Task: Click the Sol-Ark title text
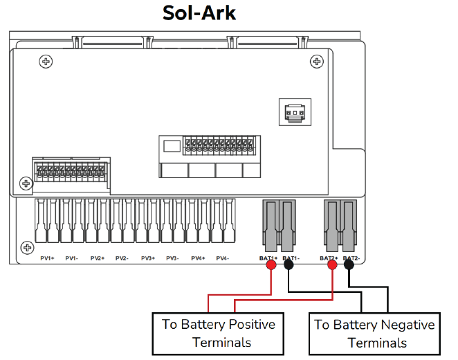[199, 13]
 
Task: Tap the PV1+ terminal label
[47, 258]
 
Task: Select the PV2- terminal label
[122, 258]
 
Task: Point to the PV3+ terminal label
[147, 258]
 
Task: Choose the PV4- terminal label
[222, 258]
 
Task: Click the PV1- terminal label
[72, 258]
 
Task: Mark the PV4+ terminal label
[197, 258]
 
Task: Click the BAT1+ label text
[268, 258]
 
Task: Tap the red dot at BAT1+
[271, 264]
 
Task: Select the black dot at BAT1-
[287, 264]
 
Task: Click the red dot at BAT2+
[333, 264]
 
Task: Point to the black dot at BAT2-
[350, 264]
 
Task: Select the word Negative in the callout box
[407, 324]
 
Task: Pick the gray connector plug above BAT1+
[271, 226]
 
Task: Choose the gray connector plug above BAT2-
[349, 226]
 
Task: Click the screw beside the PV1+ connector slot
[26, 247]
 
